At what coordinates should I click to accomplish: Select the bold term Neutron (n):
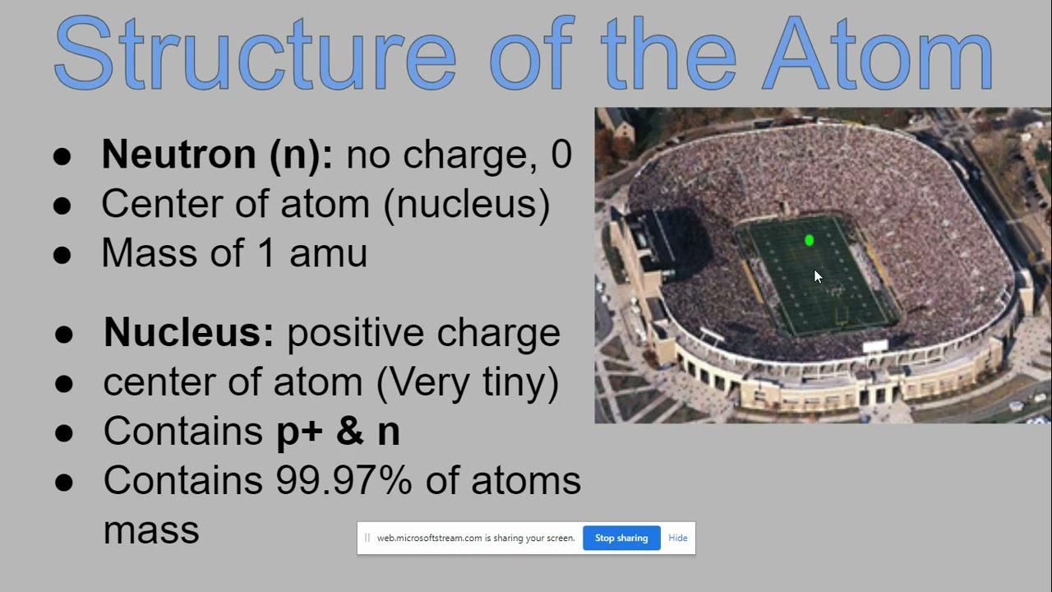pyautogui.click(x=217, y=155)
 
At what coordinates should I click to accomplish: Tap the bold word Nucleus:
pyautogui.click(x=189, y=333)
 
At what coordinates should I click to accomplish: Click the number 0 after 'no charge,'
pyautogui.click(x=561, y=155)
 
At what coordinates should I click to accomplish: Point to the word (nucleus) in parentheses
pyautogui.click(x=467, y=204)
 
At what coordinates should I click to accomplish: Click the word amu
pyautogui.click(x=328, y=253)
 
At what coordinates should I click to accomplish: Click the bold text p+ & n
pyautogui.click(x=338, y=432)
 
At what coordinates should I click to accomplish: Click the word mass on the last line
pyautogui.click(x=151, y=530)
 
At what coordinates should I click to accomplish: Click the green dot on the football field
pyautogui.click(x=810, y=240)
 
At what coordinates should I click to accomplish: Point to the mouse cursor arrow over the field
pyautogui.click(x=817, y=277)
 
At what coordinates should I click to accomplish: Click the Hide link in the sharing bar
pyautogui.click(x=677, y=538)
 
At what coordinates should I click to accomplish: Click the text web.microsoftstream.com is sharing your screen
pyautogui.click(x=476, y=538)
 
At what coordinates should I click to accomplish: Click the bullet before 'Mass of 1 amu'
pyautogui.click(x=62, y=255)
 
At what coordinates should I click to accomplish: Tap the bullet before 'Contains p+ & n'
pyautogui.click(x=64, y=433)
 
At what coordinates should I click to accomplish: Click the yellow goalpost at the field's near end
pyautogui.click(x=842, y=315)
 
